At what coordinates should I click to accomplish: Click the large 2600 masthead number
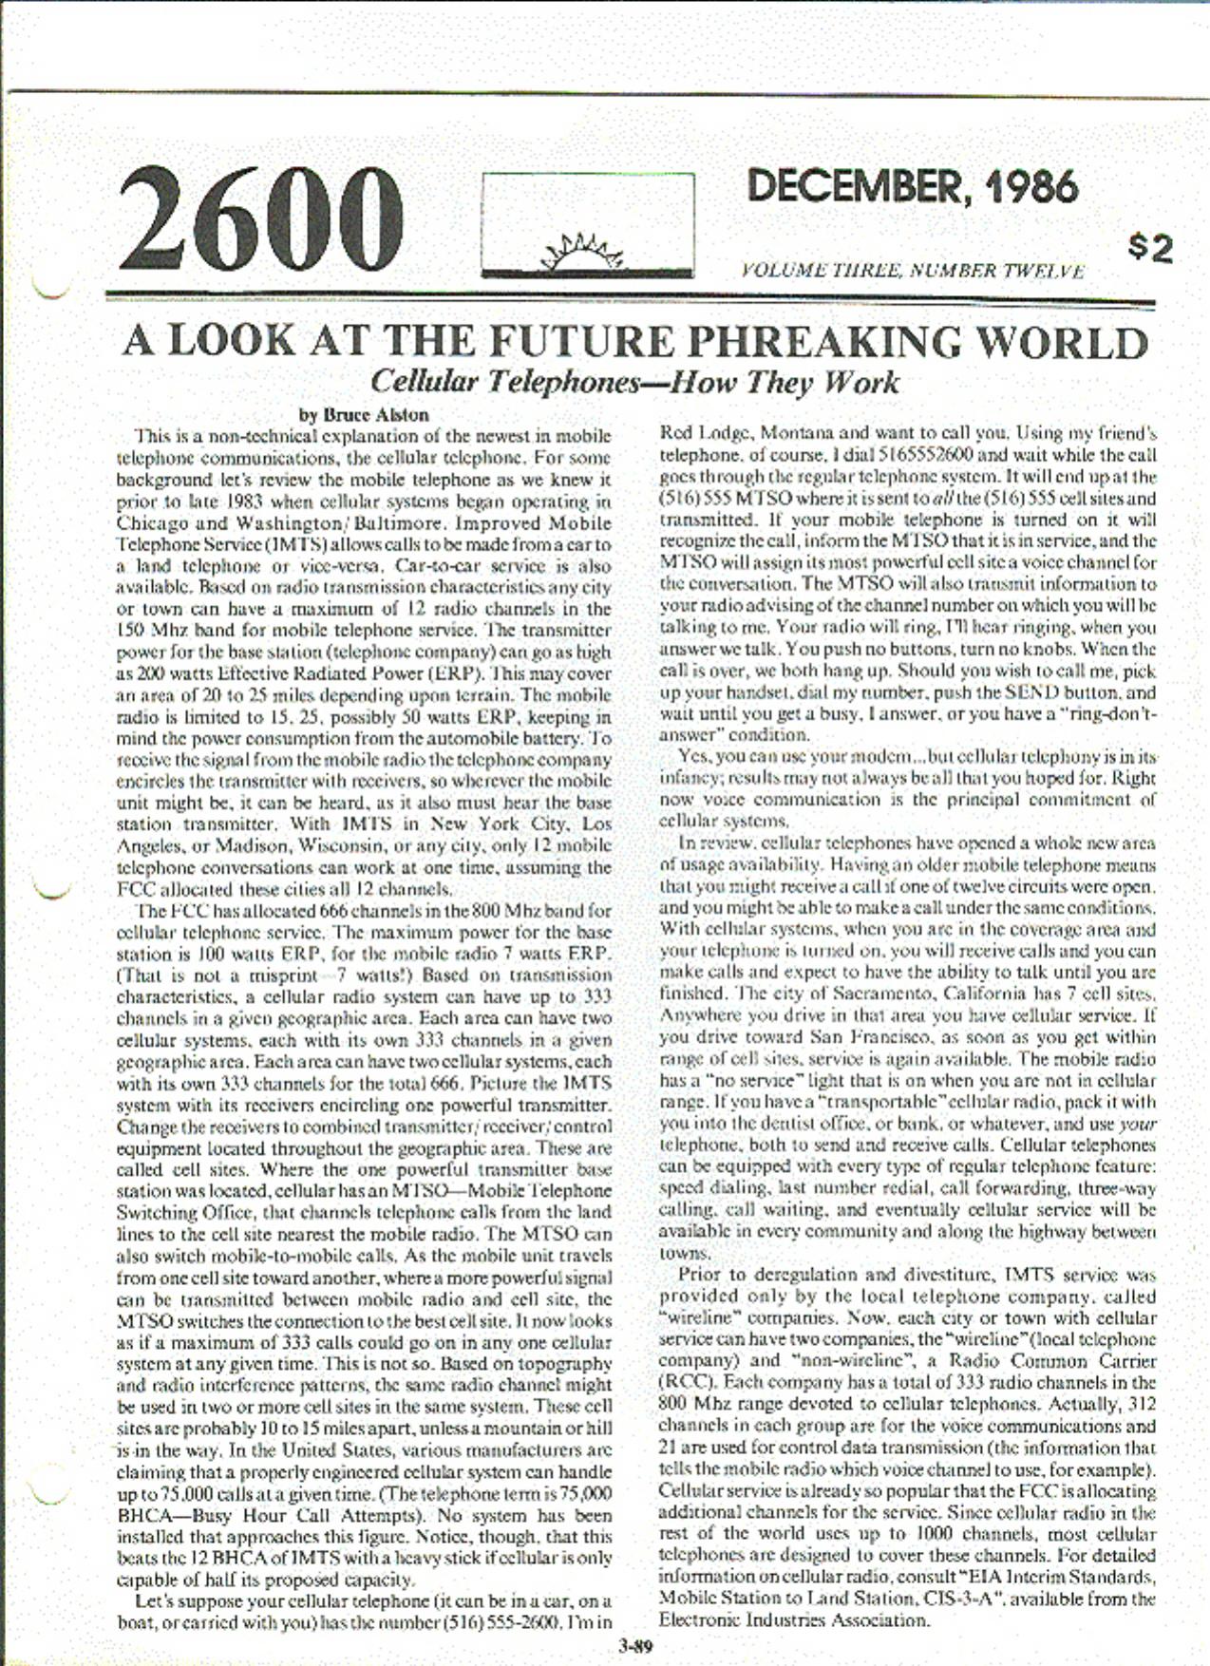point(261,219)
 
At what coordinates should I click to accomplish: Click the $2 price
point(1150,249)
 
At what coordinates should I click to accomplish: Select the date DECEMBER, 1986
point(912,187)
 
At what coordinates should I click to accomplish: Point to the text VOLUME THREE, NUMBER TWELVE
point(912,271)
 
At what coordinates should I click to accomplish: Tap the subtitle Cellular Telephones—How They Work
point(633,382)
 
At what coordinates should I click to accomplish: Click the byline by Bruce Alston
point(364,415)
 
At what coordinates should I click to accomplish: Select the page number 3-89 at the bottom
point(634,1646)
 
